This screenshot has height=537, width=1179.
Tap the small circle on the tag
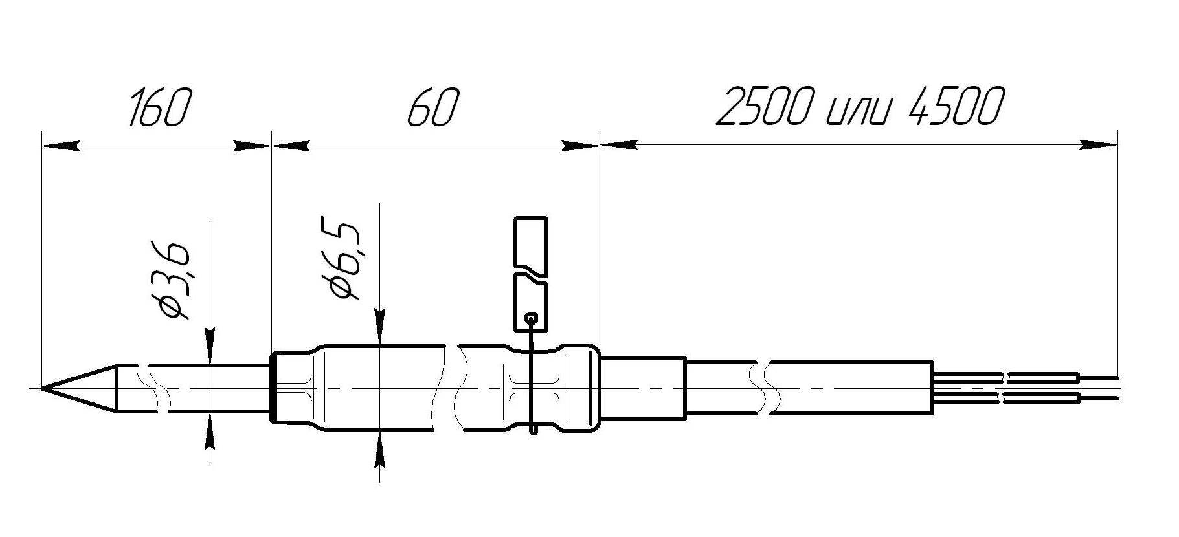point(531,318)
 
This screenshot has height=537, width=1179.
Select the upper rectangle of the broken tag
point(530,241)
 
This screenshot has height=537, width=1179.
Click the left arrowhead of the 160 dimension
point(62,146)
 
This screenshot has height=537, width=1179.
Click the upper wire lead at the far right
point(1098,377)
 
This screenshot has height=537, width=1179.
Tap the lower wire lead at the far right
point(1098,398)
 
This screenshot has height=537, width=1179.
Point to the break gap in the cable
point(762,388)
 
